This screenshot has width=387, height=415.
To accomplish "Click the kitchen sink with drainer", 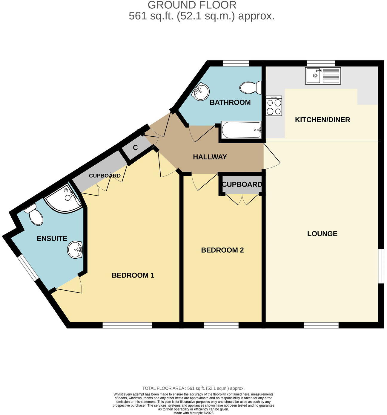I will pyautogui.click(x=322, y=76).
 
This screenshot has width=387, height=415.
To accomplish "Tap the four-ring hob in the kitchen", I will pyautogui.click(x=274, y=106).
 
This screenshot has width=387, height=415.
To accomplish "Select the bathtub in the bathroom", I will pyautogui.click(x=241, y=130).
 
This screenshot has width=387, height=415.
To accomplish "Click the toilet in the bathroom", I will pyautogui.click(x=250, y=88).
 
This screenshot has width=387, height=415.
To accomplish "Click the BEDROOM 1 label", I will pyautogui.click(x=133, y=275).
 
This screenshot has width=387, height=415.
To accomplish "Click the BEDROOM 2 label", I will pyautogui.click(x=222, y=250).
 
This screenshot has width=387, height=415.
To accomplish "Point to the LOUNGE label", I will pyautogui.click(x=322, y=234).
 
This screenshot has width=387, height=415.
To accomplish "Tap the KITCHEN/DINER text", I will pyautogui.click(x=322, y=120).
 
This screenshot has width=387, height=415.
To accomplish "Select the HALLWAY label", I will pyautogui.click(x=210, y=157).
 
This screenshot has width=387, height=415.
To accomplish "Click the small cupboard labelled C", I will pyautogui.click(x=135, y=148).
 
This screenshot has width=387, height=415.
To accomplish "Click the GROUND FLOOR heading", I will pyautogui.click(x=192, y=5).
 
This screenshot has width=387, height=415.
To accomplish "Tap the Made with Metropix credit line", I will pyautogui.click(x=193, y=413).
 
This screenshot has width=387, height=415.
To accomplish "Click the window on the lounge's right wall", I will pyautogui.click(x=381, y=266).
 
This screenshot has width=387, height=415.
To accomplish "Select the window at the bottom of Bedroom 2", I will pyautogui.click(x=221, y=325).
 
